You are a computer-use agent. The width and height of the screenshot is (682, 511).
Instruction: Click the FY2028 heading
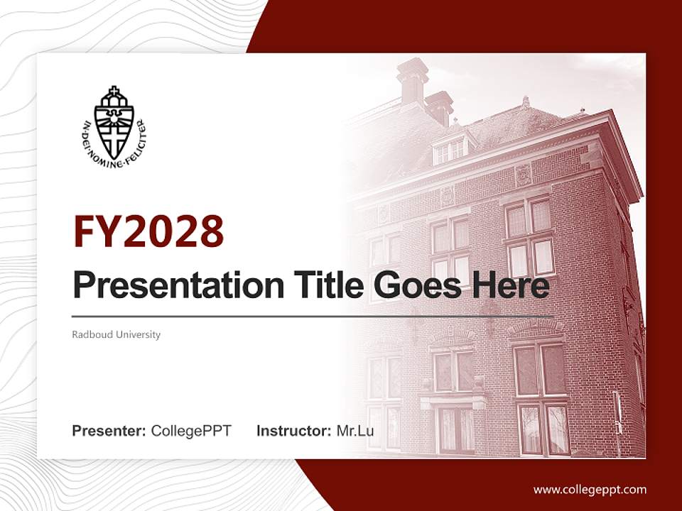click(x=148, y=231)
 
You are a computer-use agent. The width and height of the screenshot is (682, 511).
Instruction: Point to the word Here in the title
click(x=512, y=285)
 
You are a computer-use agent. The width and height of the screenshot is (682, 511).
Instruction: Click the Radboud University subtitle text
click(x=116, y=334)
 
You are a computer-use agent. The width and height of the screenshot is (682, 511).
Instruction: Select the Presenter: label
click(x=109, y=431)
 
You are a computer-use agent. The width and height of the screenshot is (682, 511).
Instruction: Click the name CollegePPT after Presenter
click(x=191, y=431)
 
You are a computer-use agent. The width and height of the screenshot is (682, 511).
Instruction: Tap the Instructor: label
click(x=293, y=431)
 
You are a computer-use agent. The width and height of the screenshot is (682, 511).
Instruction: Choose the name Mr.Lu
click(x=355, y=431)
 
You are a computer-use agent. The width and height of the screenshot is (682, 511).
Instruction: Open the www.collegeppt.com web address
click(x=590, y=489)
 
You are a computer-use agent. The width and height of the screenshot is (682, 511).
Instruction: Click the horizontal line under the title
click(x=313, y=316)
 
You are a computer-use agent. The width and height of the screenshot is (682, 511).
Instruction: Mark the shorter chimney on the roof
click(x=440, y=106)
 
